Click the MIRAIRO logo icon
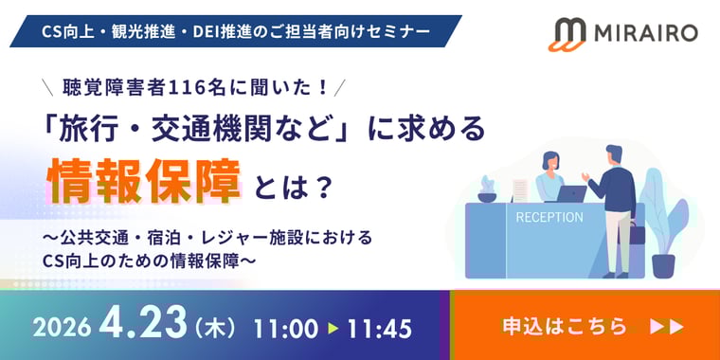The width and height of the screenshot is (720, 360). point(569,33)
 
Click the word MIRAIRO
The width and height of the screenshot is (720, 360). point(645,33)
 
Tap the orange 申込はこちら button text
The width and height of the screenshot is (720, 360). point(565,326)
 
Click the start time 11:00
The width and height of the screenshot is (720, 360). point(285,329)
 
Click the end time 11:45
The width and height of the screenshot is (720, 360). point(379,329)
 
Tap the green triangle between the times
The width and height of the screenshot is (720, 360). point(332,329)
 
